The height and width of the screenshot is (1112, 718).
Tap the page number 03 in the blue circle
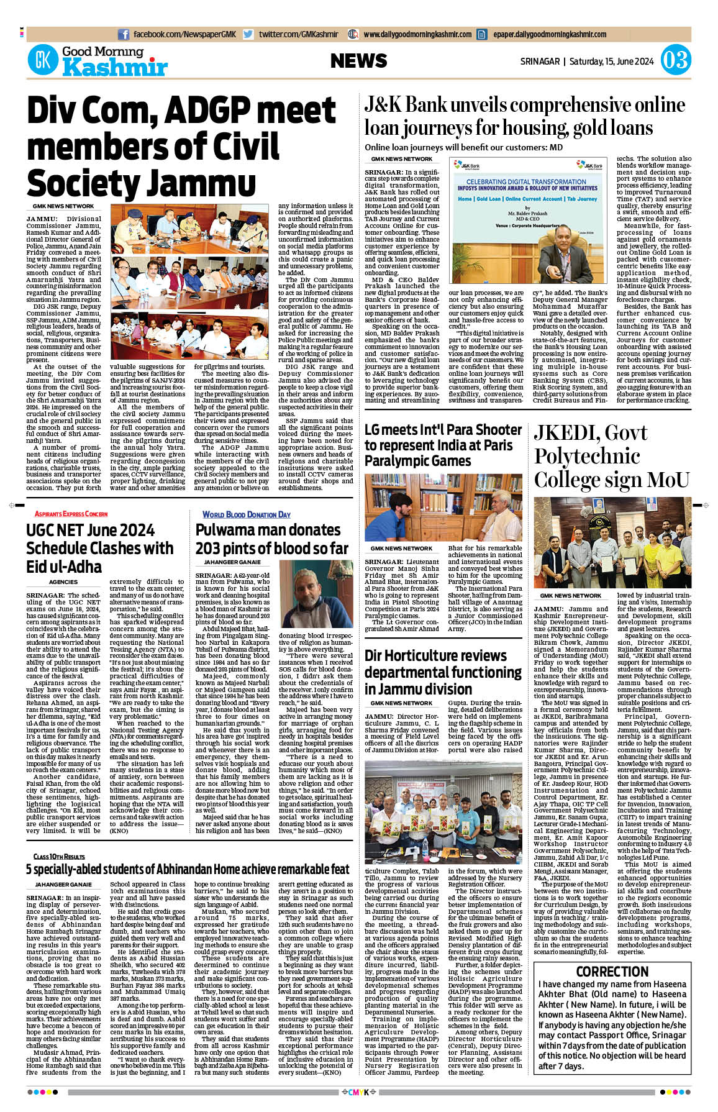coord(675,60)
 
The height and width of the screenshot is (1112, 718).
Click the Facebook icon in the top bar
coord(124,35)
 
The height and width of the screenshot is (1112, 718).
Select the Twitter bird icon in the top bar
coord(248,35)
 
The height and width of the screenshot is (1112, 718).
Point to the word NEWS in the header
coord(358,61)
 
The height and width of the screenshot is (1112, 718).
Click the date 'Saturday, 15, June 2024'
coord(611,62)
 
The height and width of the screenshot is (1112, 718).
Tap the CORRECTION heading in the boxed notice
coord(612,972)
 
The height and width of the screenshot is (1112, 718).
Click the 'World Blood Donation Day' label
coord(246,514)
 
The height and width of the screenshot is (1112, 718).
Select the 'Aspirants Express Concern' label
coord(71,514)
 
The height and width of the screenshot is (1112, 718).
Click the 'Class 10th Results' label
coord(59,856)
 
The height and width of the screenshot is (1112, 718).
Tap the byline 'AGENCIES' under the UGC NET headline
coord(63,582)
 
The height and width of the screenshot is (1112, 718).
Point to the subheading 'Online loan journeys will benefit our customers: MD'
coord(463,148)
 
